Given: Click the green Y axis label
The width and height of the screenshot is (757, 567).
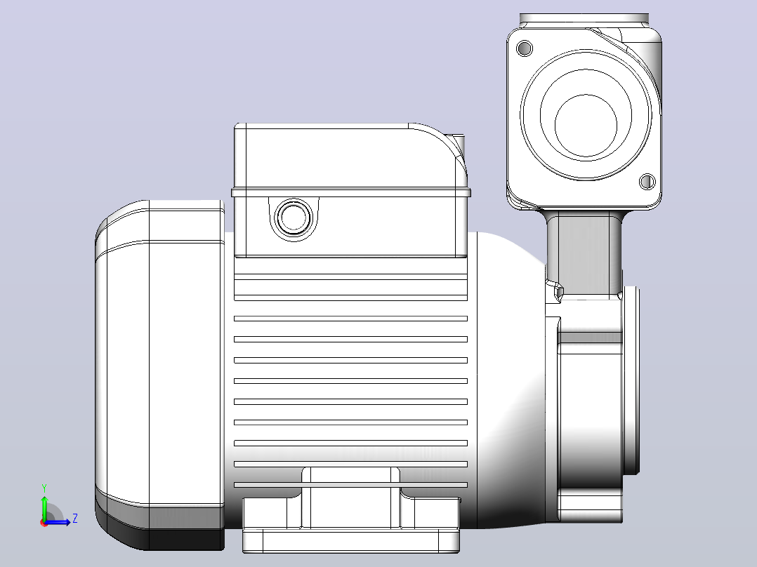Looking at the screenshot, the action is point(44,488).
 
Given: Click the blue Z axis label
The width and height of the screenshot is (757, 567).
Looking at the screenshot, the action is point(75,519).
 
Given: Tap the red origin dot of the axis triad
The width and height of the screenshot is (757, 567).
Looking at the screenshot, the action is point(44,523).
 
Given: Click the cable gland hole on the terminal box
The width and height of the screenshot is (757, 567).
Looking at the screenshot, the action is point(293,217).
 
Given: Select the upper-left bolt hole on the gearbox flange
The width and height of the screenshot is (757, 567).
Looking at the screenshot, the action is point(525,48).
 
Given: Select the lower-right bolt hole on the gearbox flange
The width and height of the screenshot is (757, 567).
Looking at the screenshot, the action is point(647,182).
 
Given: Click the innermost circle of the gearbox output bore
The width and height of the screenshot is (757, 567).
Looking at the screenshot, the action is point(586,125).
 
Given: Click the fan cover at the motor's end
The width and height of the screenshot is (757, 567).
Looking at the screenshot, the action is point(160,375).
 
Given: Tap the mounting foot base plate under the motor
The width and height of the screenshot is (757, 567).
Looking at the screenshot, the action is point(351,541).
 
